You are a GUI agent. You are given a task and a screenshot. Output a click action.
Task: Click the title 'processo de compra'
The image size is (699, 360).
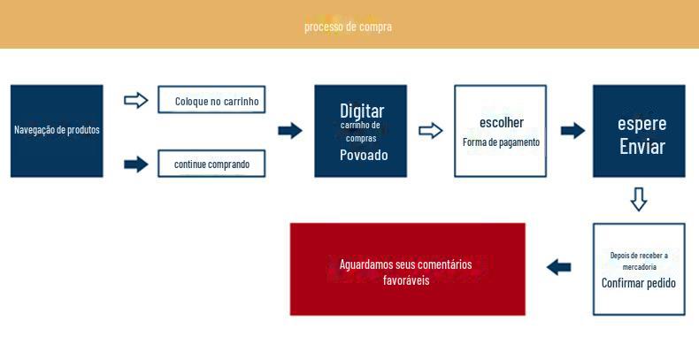[x=348, y=27]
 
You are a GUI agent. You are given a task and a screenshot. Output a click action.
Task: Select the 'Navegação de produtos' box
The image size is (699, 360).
[x=57, y=130]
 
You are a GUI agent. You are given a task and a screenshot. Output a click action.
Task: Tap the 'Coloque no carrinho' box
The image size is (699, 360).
[x=211, y=100]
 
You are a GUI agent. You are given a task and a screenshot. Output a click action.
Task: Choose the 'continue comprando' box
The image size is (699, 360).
[x=211, y=164]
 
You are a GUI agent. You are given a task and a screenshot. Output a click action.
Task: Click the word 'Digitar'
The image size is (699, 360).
[x=361, y=111]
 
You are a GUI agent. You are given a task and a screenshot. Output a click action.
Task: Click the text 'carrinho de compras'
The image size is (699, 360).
[x=361, y=132]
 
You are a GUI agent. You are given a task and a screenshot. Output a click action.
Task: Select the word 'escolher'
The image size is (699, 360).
[x=501, y=122]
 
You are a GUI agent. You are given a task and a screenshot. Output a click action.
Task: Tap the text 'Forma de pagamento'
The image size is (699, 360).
[x=501, y=142]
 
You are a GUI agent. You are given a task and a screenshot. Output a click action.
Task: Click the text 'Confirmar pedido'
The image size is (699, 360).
[x=638, y=283]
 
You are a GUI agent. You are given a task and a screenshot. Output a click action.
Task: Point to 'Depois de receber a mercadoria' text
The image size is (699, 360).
[x=638, y=261]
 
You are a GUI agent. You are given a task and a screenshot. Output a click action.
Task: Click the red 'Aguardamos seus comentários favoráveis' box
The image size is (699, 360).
[x=407, y=269]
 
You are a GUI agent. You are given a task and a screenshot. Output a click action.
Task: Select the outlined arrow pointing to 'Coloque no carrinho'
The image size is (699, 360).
[x=135, y=100]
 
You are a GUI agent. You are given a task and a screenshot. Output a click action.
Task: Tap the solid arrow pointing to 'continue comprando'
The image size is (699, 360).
[x=135, y=164]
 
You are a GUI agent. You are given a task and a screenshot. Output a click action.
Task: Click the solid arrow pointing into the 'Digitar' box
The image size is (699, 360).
[x=289, y=131]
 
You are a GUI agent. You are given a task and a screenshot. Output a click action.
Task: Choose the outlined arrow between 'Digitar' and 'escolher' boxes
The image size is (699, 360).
[x=430, y=131]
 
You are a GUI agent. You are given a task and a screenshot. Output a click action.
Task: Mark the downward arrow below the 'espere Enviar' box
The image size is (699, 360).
[x=639, y=199]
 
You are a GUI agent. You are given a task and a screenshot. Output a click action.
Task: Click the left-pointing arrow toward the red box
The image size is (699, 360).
[x=558, y=267]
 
